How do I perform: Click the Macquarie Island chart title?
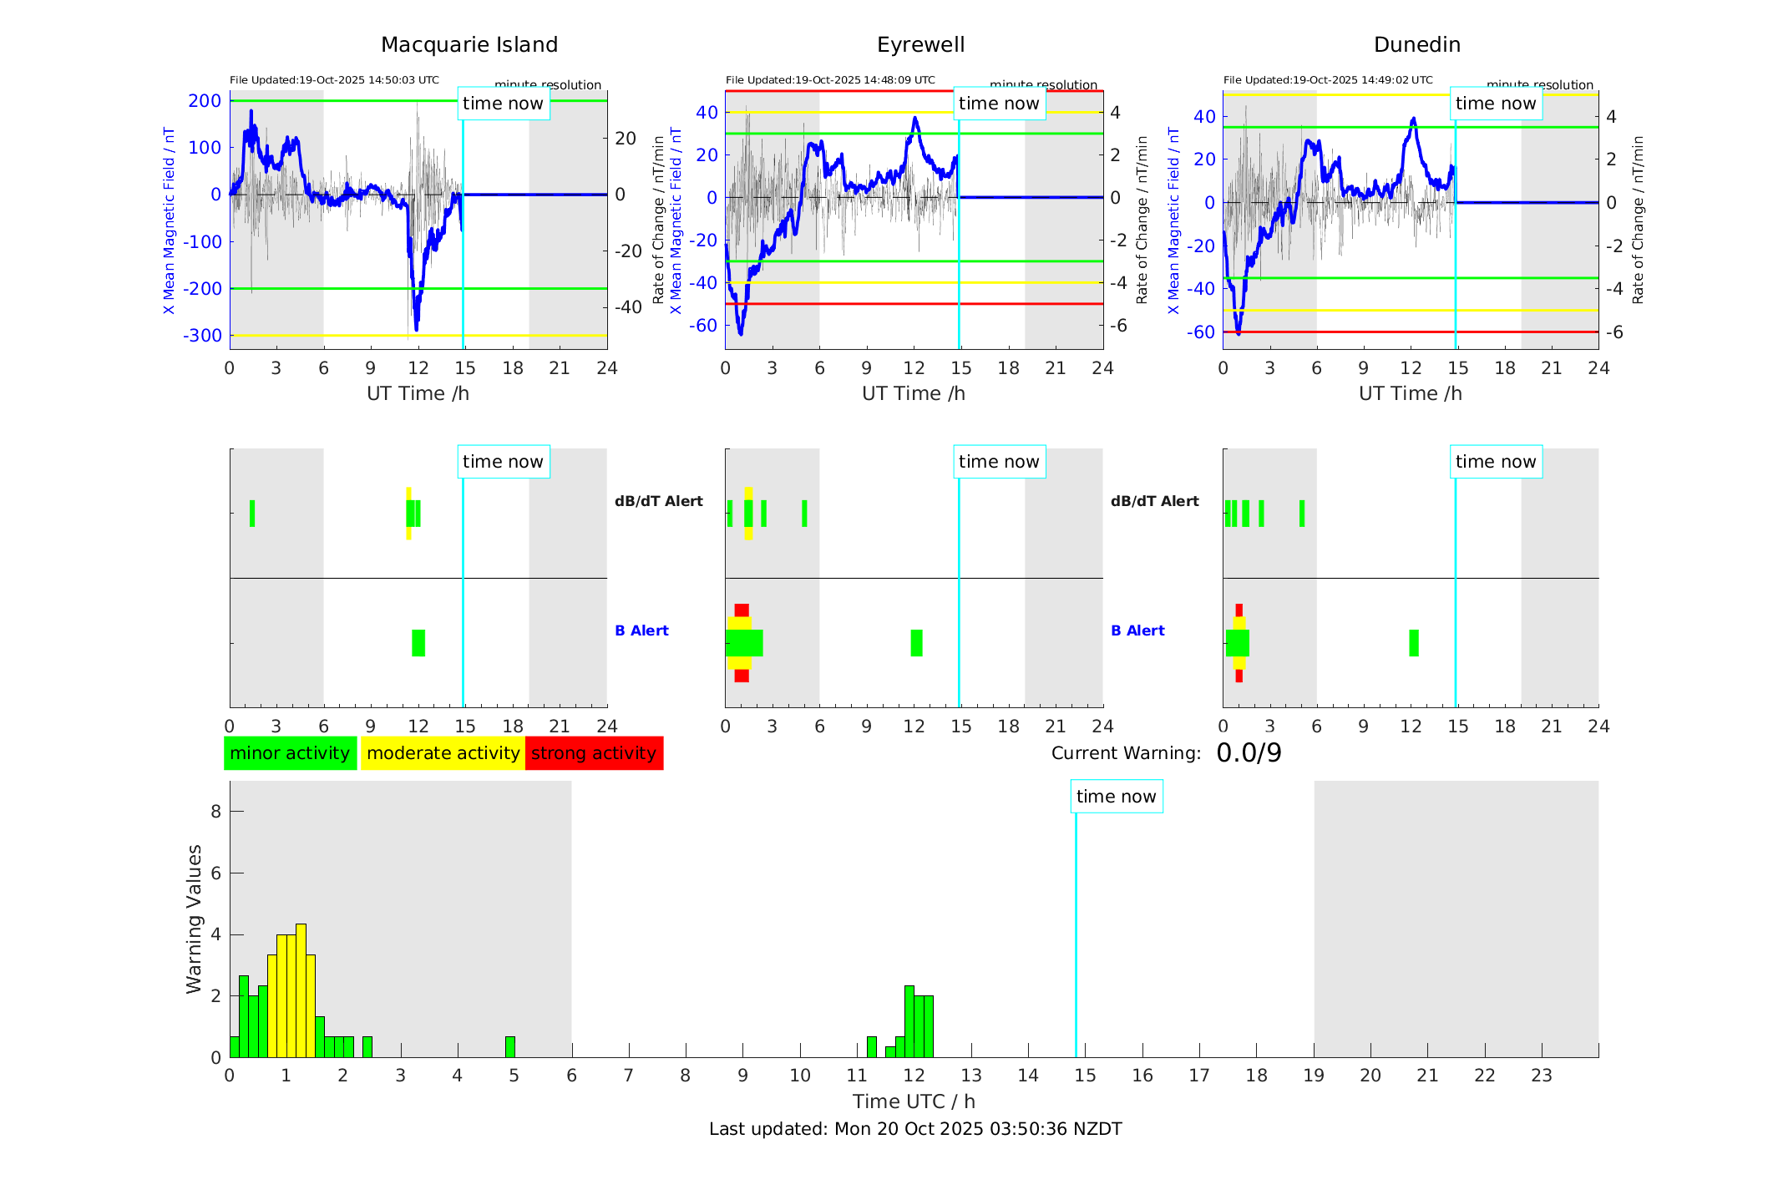[x=469, y=45]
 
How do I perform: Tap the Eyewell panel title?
[x=920, y=45]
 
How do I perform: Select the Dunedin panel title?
[x=1416, y=45]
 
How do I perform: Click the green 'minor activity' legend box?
[x=290, y=753]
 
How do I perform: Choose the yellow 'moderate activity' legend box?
[x=443, y=753]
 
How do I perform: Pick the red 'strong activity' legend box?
[x=594, y=753]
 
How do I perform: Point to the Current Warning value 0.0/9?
[x=1249, y=753]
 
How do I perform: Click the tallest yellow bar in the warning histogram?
[x=301, y=990]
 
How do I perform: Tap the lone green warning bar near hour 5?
[x=510, y=1047]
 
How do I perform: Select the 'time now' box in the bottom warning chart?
[x=1116, y=797]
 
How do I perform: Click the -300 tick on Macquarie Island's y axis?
[x=205, y=336]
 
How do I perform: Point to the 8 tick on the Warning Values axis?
[x=216, y=812]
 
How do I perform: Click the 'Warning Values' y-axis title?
[x=194, y=919]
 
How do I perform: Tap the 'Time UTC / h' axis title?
[x=914, y=1101]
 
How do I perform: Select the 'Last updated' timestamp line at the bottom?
[x=915, y=1129]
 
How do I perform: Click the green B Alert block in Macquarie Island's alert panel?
[x=418, y=643]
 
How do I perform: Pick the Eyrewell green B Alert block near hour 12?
[x=916, y=643]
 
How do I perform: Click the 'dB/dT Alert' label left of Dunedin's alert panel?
[x=1154, y=501]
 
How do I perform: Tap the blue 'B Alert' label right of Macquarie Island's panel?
[x=641, y=630]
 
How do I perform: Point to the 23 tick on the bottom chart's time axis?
[x=1541, y=1076]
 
